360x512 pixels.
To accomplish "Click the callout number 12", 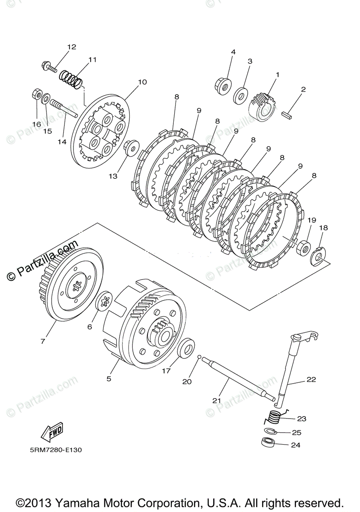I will [71, 47].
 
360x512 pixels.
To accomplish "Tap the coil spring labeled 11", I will [71, 79].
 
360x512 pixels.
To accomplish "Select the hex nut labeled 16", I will [37, 94].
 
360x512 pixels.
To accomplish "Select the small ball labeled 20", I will [199, 357].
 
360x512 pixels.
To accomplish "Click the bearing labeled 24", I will [267, 442].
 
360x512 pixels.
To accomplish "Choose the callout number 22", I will [311, 379].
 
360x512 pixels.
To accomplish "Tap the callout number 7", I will [43, 341].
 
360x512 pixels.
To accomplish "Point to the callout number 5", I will [109, 378].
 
